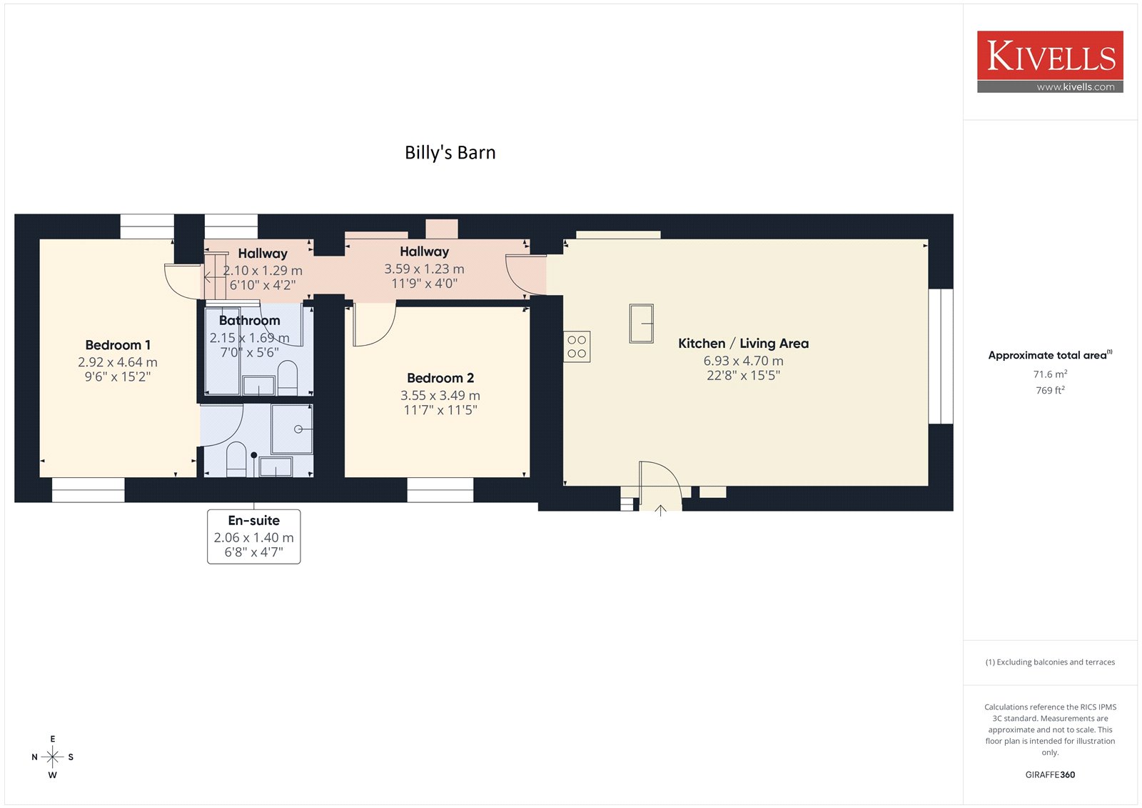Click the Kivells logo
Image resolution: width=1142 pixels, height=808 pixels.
click(1050, 61)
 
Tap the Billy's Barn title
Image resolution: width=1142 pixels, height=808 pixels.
click(450, 153)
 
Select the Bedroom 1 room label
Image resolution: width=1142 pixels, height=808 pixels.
click(118, 345)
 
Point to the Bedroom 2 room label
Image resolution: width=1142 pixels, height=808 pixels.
click(440, 378)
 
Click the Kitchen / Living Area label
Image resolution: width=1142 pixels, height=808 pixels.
click(743, 344)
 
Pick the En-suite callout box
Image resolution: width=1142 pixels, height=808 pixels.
click(254, 537)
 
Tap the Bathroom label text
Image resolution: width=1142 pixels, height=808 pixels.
click(249, 321)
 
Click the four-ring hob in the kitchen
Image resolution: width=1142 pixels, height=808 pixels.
click(577, 346)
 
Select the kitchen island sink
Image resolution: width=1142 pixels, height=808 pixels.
click(642, 324)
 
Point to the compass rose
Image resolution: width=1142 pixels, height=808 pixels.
click(53, 757)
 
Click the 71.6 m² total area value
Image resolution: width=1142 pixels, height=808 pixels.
click(1050, 374)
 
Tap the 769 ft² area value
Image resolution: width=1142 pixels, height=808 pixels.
click(1050, 391)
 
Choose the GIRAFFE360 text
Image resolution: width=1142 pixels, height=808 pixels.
click(1050, 774)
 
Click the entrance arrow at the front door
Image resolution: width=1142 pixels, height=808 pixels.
click(660, 510)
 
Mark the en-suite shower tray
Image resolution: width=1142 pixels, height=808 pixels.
click(292, 429)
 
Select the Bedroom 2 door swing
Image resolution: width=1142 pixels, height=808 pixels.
click(375, 324)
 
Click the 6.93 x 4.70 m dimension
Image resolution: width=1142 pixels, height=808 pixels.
click(743, 361)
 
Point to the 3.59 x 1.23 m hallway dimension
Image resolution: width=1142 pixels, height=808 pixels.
click(424, 269)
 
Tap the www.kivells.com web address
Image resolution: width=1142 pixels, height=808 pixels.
click(1076, 87)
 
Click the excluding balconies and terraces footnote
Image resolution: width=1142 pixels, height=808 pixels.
click(1050, 662)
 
